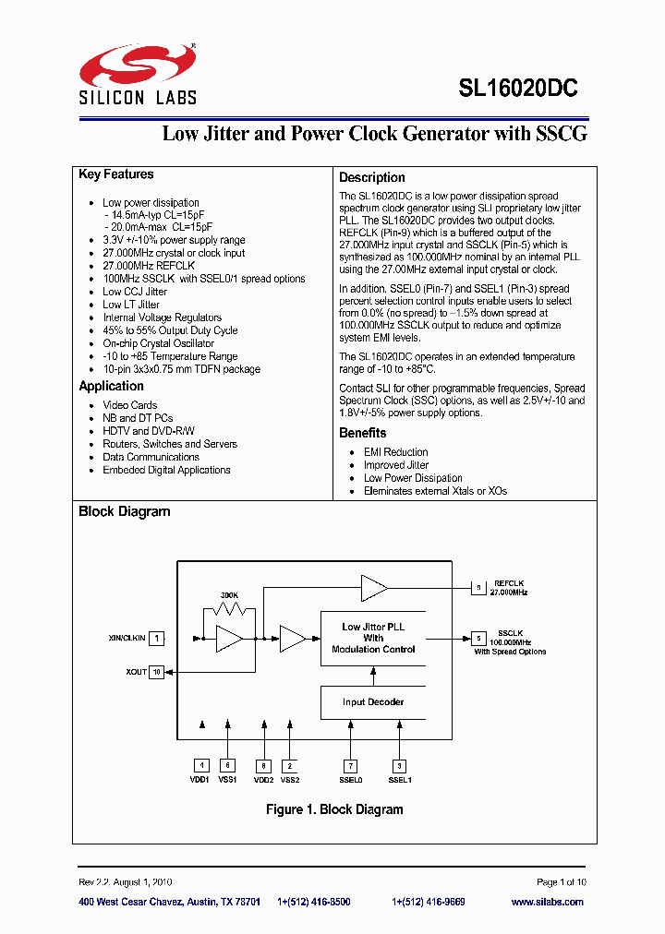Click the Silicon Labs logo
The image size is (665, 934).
click(x=138, y=74)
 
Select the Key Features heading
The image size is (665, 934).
click(x=116, y=174)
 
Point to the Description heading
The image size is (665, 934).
click(x=371, y=177)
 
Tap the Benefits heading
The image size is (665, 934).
click(x=363, y=433)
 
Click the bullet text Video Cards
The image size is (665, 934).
click(x=130, y=405)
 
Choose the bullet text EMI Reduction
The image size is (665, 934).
click(x=395, y=452)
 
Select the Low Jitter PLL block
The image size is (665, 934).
click(x=373, y=638)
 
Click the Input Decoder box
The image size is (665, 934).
click(x=373, y=702)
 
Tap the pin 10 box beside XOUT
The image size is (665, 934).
click(x=157, y=672)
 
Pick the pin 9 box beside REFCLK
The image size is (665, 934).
click(x=478, y=586)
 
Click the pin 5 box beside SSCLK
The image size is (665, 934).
click(x=478, y=638)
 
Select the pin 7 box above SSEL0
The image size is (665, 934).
click(x=350, y=765)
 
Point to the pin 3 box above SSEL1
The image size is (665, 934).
click(x=399, y=765)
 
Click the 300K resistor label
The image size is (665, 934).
click(x=229, y=595)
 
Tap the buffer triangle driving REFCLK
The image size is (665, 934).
click(x=373, y=586)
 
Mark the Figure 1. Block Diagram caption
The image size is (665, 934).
click(x=334, y=809)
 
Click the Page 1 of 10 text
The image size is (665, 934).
click(x=561, y=882)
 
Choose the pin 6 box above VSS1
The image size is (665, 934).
click(x=227, y=765)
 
